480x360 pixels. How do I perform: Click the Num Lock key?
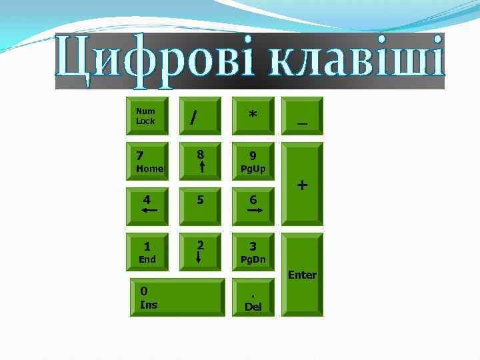[147, 116]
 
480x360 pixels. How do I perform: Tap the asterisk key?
[253, 116]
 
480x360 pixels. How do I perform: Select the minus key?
[302, 116]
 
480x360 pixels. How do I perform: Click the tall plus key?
[302, 185]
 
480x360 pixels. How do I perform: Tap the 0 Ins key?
[177, 297]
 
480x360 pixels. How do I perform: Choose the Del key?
[253, 298]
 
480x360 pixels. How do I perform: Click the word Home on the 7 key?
[149, 169]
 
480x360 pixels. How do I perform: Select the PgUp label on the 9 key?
[253, 169]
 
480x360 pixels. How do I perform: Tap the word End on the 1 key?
[147, 259]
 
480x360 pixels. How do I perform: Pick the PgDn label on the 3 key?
[253, 259]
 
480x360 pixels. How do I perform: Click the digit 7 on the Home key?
[139, 156]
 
